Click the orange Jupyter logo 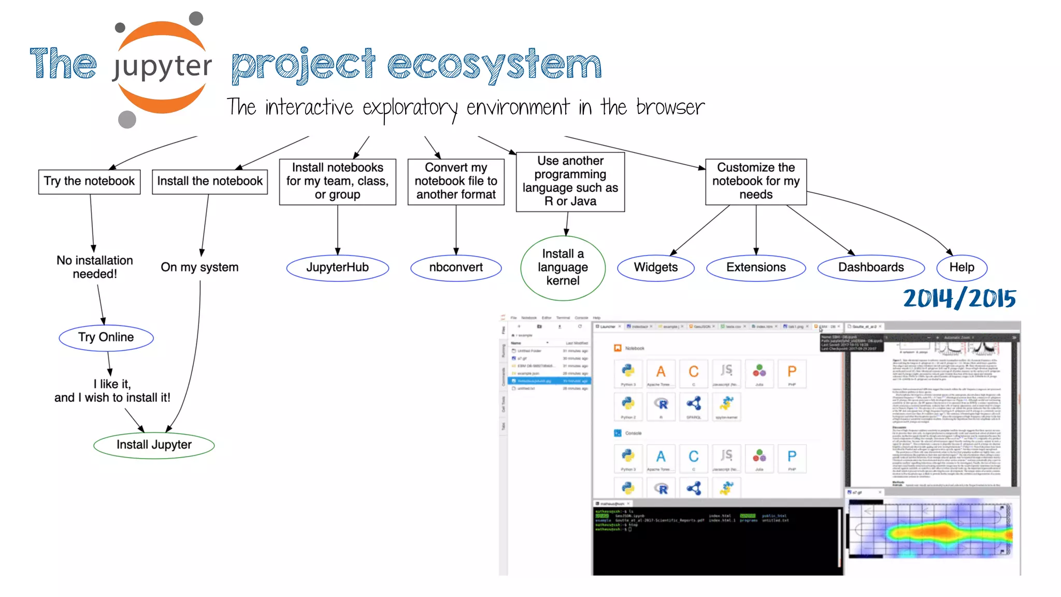[162, 67]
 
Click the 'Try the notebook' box [89, 181]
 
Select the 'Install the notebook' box [210, 181]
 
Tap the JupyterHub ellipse [337, 267]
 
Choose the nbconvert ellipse [456, 267]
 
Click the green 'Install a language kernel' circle [563, 267]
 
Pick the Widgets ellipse [655, 267]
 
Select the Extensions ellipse [756, 267]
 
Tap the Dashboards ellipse [871, 267]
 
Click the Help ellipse [962, 267]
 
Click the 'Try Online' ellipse [106, 337]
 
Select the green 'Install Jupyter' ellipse [154, 445]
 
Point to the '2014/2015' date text [959, 299]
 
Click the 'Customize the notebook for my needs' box [756, 181]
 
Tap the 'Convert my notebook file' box [456, 181]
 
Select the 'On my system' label [199, 267]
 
